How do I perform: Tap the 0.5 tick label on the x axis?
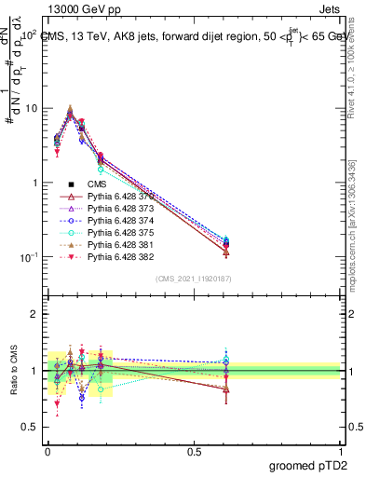tap(194, 449)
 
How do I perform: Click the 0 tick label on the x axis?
tap(47, 449)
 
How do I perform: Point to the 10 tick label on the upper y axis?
tap(32, 108)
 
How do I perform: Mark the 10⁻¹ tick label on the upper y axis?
tap(28, 257)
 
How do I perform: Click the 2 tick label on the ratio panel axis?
tap(34, 314)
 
